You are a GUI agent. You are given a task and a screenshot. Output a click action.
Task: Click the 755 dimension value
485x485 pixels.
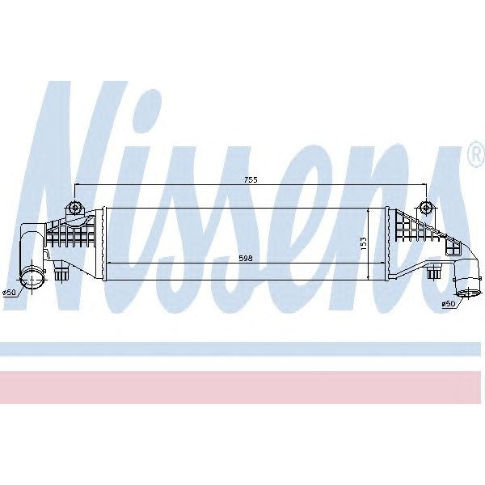pos(251,179)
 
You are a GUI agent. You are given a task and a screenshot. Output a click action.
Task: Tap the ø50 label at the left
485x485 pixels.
pos(10,293)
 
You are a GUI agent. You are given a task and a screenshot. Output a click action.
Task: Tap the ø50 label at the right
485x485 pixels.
pos(449,304)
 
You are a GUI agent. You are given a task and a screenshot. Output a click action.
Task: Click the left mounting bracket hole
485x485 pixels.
pos(75,208)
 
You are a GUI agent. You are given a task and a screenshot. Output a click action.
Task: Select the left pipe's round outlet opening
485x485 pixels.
pos(35,280)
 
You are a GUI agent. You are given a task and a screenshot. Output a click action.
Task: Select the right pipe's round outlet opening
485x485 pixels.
pos(466,287)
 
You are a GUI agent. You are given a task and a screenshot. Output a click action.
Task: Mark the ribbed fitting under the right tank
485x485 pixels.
pos(434,273)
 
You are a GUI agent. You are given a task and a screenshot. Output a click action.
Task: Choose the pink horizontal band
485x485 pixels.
pos(242,387)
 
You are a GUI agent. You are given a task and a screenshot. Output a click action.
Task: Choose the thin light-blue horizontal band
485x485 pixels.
pos(242,348)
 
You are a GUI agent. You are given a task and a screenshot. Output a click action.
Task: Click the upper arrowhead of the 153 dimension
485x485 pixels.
pos(369,210)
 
